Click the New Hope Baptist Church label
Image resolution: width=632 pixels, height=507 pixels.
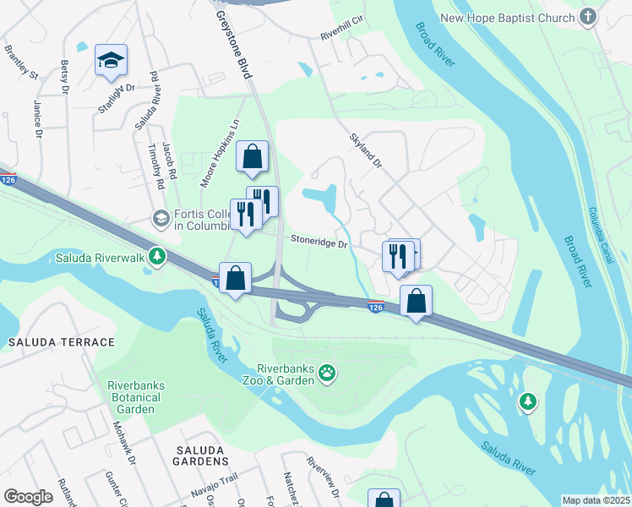pos(507,17)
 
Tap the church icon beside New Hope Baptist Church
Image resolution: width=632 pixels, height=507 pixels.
pos(589,17)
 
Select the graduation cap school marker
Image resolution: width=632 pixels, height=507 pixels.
pos(111,61)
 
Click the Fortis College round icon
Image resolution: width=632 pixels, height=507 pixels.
pos(160,219)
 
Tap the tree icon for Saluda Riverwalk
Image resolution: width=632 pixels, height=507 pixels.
pos(155,255)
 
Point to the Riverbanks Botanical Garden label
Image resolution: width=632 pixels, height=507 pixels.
pos(136,397)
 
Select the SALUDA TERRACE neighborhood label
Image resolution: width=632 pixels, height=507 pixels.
pos(62,342)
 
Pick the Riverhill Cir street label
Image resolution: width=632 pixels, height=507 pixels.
pos(341,35)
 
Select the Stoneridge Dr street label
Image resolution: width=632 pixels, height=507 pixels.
pos(319,243)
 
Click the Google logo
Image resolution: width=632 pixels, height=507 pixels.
pos(29,497)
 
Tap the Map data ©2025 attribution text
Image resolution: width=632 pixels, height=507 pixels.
pos(596,500)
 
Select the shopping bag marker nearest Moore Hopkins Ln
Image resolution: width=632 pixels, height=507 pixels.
pos(252,156)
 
